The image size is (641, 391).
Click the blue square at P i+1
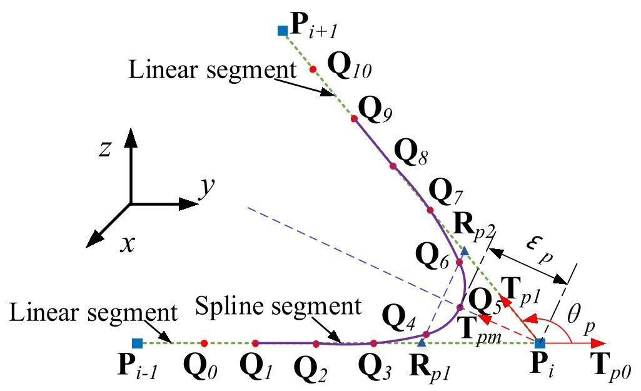click(283, 29)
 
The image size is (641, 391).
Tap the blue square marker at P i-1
click(137, 343)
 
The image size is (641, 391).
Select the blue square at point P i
click(541, 343)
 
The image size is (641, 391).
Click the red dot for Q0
click(204, 343)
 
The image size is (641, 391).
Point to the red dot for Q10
click(313, 69)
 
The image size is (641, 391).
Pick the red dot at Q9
click(353, 118)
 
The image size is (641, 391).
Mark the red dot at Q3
click(373, 343)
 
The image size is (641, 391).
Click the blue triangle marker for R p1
click(422, 342)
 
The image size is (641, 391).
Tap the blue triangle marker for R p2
click(464, 251)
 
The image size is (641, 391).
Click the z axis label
click(106, 148)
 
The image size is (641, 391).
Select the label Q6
click(432, 258)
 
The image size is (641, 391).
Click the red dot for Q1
click(255, 343)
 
